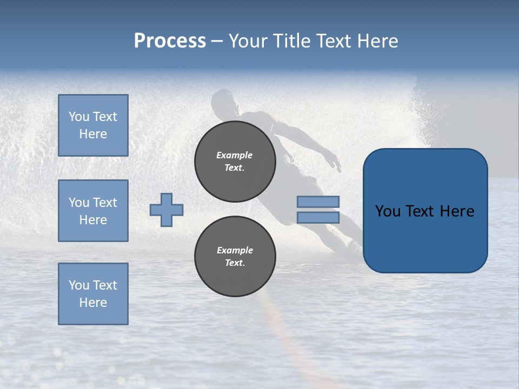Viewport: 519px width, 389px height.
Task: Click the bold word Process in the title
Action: coord(170,41)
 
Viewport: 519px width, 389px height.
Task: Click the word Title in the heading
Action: coord(292,41)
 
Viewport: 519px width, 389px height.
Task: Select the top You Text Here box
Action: coord(93,125)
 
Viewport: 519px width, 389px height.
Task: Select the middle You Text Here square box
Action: coord(93,211)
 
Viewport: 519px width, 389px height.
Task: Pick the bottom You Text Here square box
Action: coord(93,294)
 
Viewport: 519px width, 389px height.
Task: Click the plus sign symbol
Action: coord(167,210)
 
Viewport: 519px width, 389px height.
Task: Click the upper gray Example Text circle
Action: coord(235,161)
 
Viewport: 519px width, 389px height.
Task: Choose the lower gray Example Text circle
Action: coord(235,256)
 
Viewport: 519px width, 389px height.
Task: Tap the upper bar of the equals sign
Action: coord(318,202)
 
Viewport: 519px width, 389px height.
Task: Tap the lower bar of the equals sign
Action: coord(318,218)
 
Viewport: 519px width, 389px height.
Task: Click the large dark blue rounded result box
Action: coord(425,211)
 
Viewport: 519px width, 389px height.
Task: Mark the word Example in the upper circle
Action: coord(234,155)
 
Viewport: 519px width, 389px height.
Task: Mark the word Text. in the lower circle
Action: coord(234,263)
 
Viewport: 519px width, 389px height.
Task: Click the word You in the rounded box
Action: coord(388,211)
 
